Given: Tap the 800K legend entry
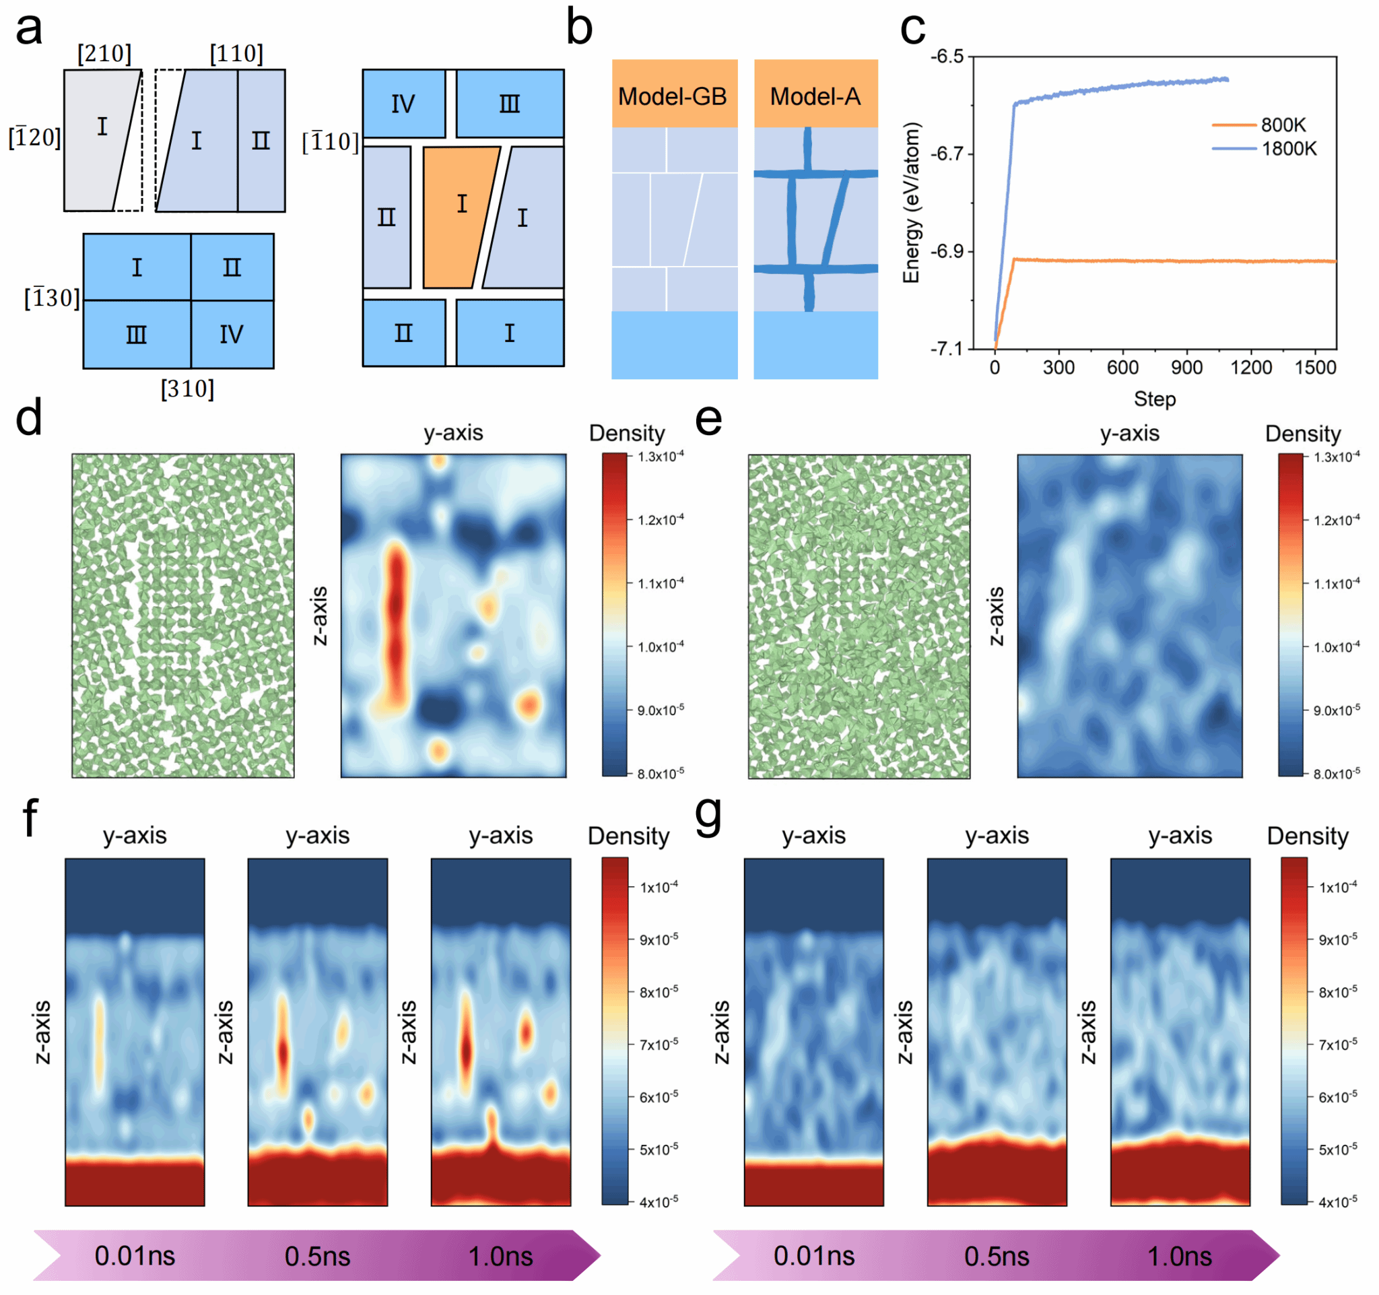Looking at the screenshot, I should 1283,125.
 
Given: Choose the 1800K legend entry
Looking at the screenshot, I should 1288,148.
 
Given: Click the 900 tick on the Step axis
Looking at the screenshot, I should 1186,368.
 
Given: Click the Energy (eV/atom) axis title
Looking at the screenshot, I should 912,203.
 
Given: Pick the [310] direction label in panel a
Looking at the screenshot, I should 187,389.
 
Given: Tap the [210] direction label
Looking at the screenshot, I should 104,53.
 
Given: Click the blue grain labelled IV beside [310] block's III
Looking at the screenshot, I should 232,335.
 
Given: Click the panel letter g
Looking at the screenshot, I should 708,817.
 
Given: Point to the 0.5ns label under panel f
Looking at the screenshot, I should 317,1256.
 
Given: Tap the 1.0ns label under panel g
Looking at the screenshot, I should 1179,1256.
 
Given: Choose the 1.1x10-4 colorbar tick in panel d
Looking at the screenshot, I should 661,583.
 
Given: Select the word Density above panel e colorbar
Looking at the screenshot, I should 1302,434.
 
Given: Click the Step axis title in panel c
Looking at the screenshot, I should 1154,399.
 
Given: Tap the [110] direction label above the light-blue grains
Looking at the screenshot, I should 236,53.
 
